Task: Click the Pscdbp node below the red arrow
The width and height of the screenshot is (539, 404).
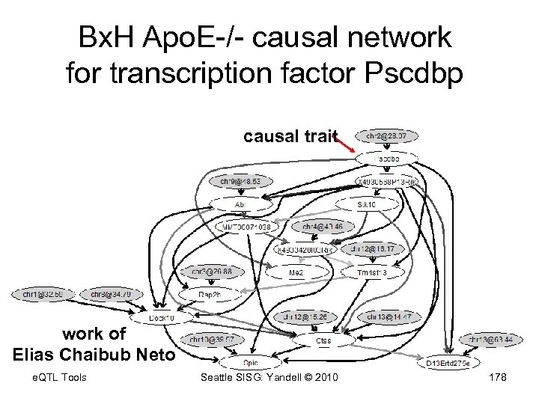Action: pyautogui.click(x=387, y=159)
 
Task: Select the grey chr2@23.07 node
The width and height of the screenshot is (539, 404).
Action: pyautogui.click(x=387, y=136)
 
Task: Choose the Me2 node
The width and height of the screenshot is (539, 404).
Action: pyautogui.click(x=296, y=273)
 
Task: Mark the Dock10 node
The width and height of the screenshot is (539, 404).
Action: pyautogui.click(x=160, y=319)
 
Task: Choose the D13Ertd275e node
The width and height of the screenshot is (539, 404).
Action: pyautogui.click(x=448, y=363)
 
